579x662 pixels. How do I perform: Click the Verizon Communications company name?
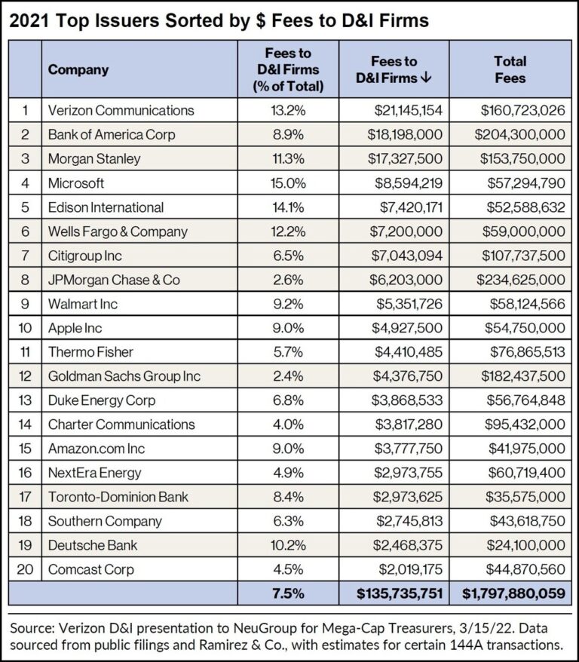pyautogui.click(x=121, y=110)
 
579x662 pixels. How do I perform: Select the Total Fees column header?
pyautogui.click(x=510, y=69)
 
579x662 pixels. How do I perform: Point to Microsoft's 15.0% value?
pyautogui.click(x=288, y=183)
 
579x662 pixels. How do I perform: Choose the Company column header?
pyautogui.click(x=78, y=69)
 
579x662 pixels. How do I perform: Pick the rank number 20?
pyautogui.click(x=24, y=569)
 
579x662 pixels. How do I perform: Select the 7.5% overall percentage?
pyautogui.click(x=288, y=594)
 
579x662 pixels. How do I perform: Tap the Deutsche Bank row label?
pyautogui.click(x=93, y=545)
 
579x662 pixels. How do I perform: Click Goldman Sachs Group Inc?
pyautogui.click(x=124, y=376)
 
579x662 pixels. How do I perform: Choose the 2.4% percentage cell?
pyautogui.click(x=288, y=376)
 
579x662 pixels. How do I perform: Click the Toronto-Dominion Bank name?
pyautogui.click(x=118, y=497)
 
